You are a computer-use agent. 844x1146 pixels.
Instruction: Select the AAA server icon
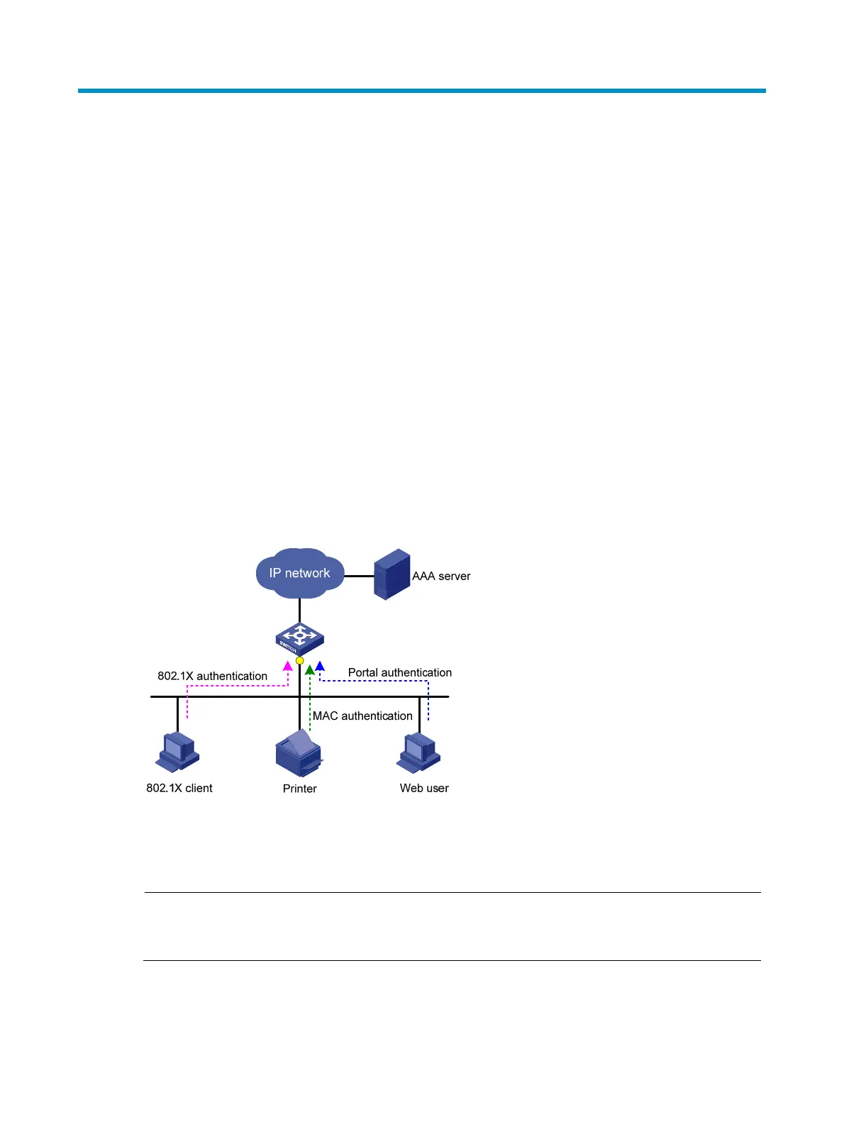tap(392, 574)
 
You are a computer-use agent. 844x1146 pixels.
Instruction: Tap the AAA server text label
tap(441, 577)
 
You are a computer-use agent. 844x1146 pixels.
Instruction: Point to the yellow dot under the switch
tap(300, 661)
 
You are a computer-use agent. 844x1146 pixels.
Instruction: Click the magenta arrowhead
tap(288, 666)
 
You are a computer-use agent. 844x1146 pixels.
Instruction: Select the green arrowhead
tap(310, 669)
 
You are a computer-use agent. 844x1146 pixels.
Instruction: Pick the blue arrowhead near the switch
tap(320, 666)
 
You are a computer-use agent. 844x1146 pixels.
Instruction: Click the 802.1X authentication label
tap(212, 677)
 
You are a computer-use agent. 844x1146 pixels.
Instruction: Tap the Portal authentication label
tap(399, 673)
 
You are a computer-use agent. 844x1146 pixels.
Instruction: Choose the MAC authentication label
tap(362, 716)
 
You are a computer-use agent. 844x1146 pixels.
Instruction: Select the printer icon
tap(299, 754)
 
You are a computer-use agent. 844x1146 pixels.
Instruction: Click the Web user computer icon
tap(418, 753)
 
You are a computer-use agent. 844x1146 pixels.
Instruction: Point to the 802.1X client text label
tap(179, 789)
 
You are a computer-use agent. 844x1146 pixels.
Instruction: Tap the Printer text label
tap(299, 789)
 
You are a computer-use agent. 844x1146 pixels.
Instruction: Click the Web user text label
tap(424, 789)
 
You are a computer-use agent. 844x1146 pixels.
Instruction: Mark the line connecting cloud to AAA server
tap(359, 576)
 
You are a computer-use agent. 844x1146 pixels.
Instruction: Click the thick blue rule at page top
tap(421, 91)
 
